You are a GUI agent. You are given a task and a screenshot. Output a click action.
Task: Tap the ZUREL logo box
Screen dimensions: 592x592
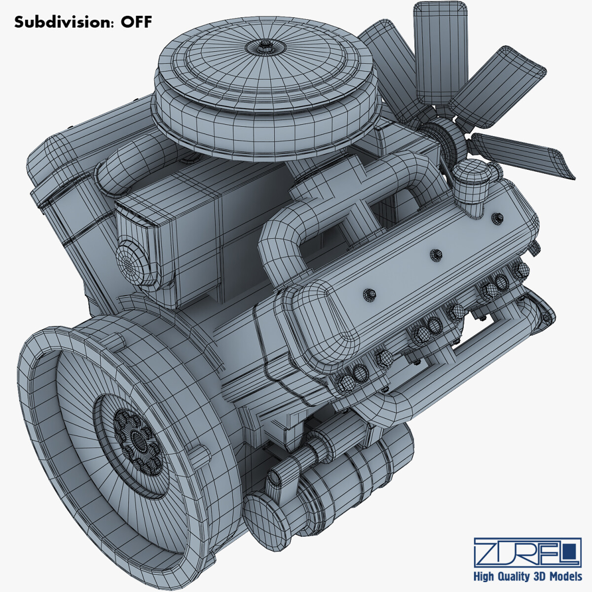526,552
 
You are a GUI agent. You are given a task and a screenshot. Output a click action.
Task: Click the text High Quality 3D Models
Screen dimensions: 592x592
527,576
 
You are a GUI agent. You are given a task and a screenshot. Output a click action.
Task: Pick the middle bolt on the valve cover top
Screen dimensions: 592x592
436,255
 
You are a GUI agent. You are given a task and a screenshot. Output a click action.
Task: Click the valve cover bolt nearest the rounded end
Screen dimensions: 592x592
369,295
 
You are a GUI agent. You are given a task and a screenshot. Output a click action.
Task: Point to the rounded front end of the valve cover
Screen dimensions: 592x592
316,326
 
